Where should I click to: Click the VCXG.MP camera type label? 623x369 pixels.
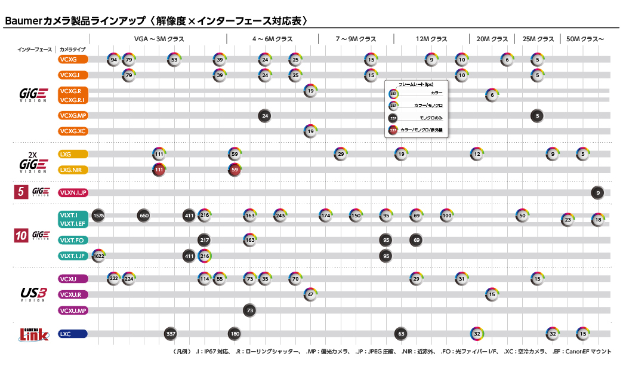point(73,116)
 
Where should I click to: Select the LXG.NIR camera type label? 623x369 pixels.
point(73,170)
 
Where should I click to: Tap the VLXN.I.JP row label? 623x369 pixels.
point(73,192)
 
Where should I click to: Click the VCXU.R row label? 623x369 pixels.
point(73,294)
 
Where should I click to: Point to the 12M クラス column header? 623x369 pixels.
point(431,39)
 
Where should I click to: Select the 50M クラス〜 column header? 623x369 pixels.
point(585,39)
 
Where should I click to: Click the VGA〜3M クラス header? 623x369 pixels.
point(159,39)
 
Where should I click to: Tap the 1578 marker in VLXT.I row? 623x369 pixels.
point(98,215)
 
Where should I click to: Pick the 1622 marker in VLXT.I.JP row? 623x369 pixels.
point(98,256)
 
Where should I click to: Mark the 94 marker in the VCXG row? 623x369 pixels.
point(114,60)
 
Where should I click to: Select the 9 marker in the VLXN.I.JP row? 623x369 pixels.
point(597,192)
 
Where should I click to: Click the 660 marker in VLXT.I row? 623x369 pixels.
point(143,215)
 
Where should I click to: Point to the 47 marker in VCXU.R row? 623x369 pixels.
point(310,294)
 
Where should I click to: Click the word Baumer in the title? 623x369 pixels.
point(24,21)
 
